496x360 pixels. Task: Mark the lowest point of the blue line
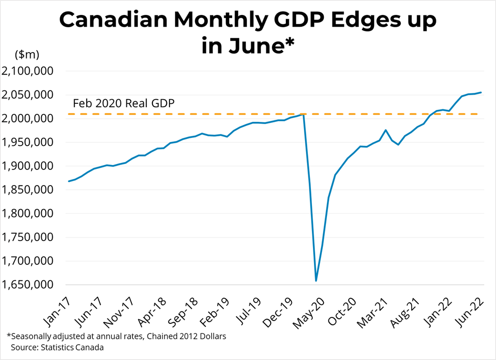point(316,281)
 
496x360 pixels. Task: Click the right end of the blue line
point(481,92)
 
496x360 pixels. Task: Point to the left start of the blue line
point(69,181)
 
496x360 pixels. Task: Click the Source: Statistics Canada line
point(55,347)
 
